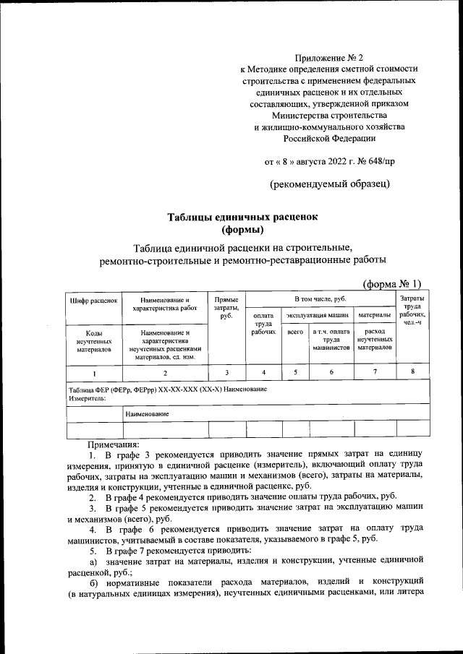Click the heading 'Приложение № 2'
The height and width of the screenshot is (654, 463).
point(329,56)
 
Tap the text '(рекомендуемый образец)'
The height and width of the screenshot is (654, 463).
point(329,184)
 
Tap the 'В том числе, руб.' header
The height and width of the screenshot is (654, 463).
point(322,298)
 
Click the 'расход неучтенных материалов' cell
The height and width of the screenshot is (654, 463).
point(375,339)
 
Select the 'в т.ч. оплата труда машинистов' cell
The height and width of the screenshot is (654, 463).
point(331,339)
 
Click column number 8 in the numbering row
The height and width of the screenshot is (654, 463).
point(412,371)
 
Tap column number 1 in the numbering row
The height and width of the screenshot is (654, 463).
point(93,372)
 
